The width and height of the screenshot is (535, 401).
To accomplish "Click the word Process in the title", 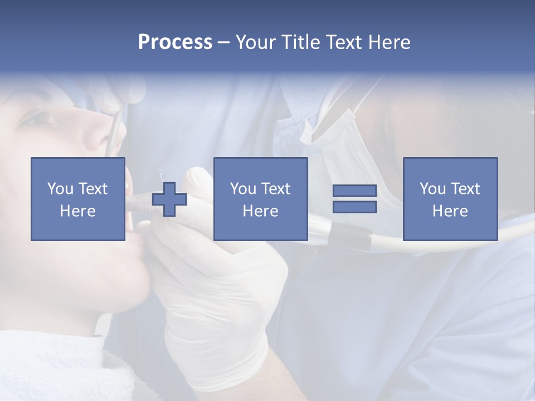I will tap(175, 42).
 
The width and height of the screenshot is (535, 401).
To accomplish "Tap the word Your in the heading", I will tap(254, 42).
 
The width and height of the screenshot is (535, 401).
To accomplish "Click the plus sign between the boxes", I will tap(169, 199).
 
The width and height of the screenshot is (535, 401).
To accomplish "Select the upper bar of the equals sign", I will tap(354, 191).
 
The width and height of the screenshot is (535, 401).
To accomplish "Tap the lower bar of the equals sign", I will tap(354, 207).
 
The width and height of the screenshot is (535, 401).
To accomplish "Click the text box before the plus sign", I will tap(77, 199).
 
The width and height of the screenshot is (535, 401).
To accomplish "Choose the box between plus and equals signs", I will tap(260, 199).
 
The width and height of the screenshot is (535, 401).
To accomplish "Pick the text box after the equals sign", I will tap(450, 199).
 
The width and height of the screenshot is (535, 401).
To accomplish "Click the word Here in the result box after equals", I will tap(450, 211).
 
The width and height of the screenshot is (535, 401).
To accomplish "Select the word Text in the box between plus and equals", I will tap(276, 188).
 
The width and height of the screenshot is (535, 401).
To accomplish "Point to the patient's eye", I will tap(39, 118).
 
